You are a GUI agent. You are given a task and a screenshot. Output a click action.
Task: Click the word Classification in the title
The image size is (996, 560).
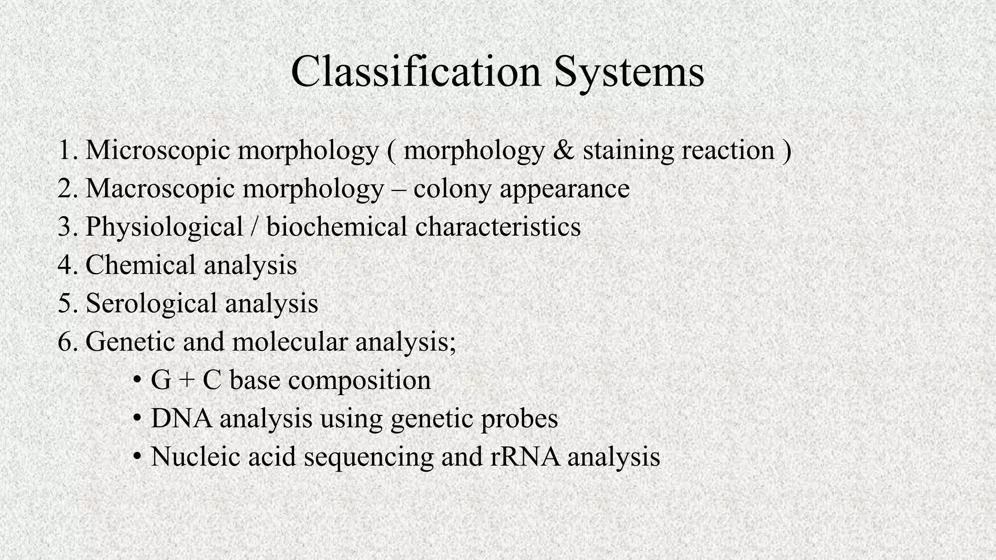(x=415, y=72)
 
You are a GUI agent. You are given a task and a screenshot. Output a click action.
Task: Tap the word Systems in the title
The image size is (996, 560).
(x=629, y=73)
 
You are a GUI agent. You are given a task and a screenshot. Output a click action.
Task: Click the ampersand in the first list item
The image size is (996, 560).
(x=563, y=150)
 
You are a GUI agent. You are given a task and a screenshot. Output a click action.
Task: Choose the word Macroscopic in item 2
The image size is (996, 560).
(x=160, y=189)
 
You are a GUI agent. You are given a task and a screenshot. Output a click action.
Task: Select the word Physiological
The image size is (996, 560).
(x=164, y=227)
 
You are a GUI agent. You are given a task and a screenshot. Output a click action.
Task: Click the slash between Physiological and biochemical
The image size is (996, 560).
(x=254, y=227)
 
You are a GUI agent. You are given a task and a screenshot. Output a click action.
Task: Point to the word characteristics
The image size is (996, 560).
(x=498, y=227)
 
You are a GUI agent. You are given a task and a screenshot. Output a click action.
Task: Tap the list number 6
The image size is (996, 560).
(x=67, y=342)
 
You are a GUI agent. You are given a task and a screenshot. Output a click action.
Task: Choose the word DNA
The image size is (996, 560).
(x=181, y=419)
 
